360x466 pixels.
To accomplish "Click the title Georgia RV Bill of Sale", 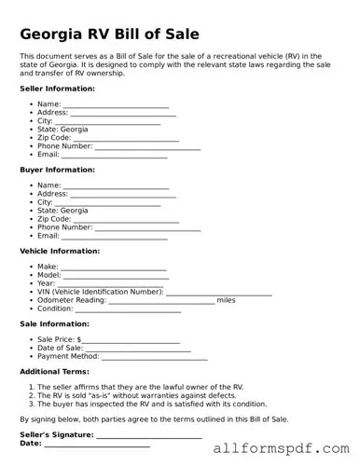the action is tap(109, 34).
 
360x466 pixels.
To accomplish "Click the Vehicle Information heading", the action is tap(59, 251).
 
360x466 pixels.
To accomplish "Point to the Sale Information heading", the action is tap(54, 323).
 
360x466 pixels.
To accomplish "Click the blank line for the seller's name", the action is tap(116, 105).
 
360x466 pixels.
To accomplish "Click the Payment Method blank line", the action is tap(154, 357).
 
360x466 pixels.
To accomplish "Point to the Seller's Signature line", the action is tap(148, 435).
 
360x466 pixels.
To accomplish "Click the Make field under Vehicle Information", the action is tap(112, 267).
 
